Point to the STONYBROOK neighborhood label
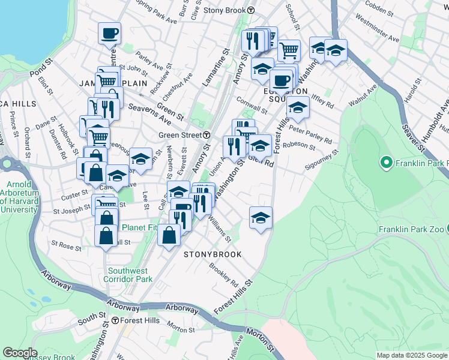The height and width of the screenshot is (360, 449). [212, 254]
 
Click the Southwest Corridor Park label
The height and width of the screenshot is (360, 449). [128, 274]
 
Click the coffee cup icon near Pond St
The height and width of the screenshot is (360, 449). [110, 34]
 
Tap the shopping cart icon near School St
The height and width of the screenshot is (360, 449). [289, 51]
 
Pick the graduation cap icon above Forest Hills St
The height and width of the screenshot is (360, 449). [261, 217]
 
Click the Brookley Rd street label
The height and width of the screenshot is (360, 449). [224, 275]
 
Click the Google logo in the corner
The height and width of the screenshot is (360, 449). [20, 353]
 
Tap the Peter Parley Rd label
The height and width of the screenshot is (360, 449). [310, 133]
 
